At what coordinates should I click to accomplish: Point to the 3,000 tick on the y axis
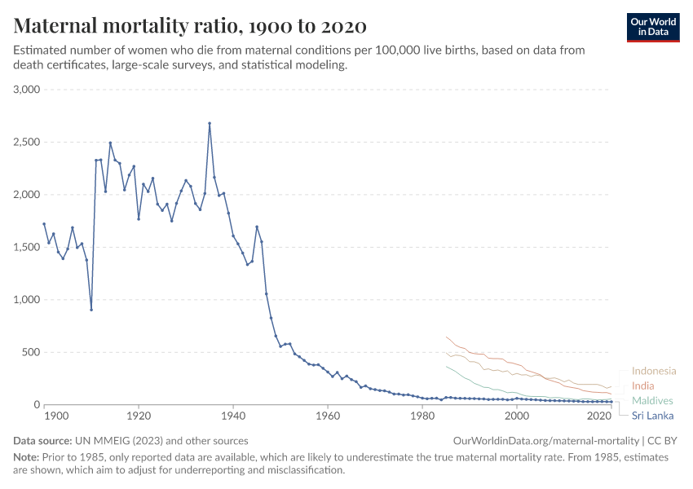pos(27,90)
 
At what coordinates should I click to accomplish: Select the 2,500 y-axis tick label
pos(27,143)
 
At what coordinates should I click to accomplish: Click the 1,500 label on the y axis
pos(27,248)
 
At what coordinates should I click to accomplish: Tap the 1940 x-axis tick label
pos(233,416)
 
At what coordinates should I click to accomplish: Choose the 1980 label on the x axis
pos(422,416)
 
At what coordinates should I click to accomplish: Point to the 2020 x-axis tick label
pos(599,416)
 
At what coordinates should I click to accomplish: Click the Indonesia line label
pos(654,371)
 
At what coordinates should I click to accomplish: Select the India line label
pos(644,385)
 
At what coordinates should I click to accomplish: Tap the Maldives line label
pos(652,400)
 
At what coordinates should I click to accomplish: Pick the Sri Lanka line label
pos(654,415)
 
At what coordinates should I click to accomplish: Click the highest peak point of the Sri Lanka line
pos(210,124)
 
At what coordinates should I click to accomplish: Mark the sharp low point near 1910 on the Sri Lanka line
pos(91,310)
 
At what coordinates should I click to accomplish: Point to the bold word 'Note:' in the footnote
pos(29,457)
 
